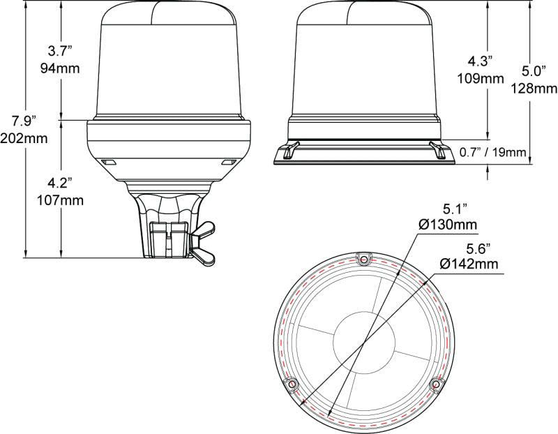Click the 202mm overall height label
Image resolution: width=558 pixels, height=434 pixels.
pos(24,138)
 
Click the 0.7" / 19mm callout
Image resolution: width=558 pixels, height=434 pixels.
pos(492,152)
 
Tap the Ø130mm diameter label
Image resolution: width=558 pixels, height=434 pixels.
pos(448,225)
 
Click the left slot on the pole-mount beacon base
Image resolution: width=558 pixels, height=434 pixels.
pos(108,162)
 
